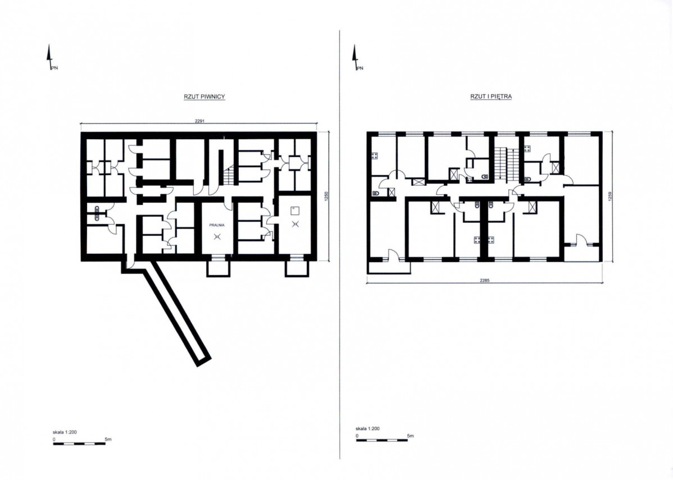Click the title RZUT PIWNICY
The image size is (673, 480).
(x=204, y=97)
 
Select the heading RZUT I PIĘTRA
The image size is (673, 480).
(x=491, y=97)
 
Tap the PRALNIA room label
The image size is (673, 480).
(x=217, y=225)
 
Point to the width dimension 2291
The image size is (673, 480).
(x=199, y=121)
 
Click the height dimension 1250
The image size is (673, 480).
(x=326, y=196)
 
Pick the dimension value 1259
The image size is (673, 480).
(x=610, y=196)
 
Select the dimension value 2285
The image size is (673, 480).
(x=485, y=281)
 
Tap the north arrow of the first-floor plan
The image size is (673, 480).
(x=355, y=58)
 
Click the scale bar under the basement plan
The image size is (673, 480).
(x=79, y=444)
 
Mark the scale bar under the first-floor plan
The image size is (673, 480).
(x=382, y=440)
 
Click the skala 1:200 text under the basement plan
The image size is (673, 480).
(x=65, y=432)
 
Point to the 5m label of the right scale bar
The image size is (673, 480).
(x=410, y=436)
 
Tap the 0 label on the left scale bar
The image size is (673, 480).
(x=54, y=439)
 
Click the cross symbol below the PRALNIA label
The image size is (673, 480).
(x=217, y=236)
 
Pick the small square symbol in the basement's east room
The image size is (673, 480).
(x=294, y=210)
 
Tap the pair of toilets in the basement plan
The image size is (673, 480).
(x=97, y=213)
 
